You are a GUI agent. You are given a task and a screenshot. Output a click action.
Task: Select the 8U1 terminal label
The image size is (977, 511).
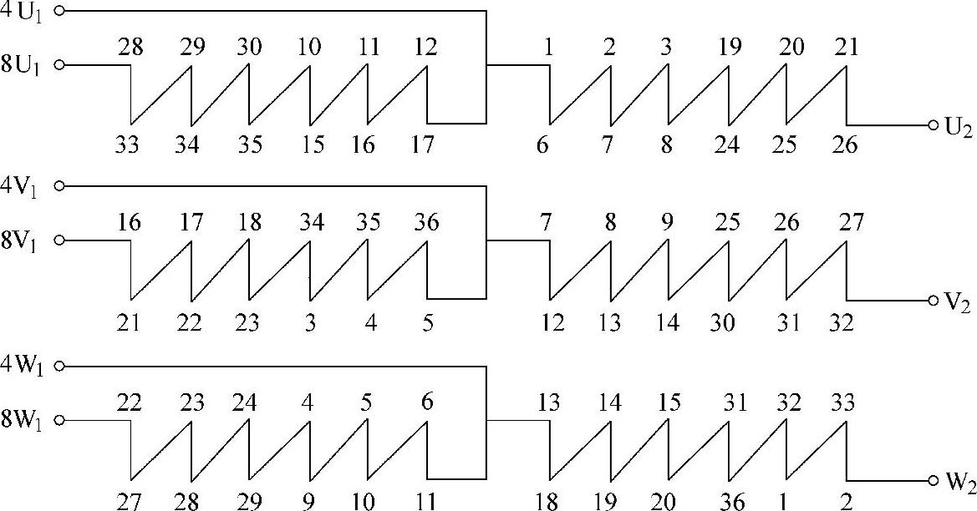(x=23, y=64)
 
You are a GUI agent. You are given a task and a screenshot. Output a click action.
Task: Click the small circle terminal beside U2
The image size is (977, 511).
(x=933, y=125)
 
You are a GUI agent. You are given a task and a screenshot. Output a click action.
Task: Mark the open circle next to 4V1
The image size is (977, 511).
(x=59, y=186)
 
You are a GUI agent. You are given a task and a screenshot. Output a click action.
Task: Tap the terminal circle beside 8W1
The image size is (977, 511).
(x=59, y=422)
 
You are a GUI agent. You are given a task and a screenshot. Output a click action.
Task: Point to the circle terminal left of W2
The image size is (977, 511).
(x=933, y=482)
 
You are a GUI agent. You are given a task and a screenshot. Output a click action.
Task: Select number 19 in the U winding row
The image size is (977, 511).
(x=729, y=47)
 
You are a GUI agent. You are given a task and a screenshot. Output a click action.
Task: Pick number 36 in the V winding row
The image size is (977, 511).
(x=427, y=223)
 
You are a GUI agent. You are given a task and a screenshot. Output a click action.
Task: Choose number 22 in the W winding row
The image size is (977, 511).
(x=129, y=402)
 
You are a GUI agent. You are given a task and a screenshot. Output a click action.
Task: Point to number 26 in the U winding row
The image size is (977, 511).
(x=845, y=145)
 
